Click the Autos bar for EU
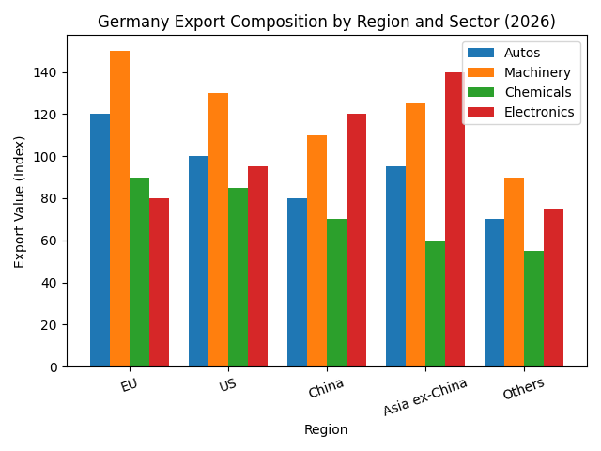point(100,241)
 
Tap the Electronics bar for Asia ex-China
point(455,220)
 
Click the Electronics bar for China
point(356,241)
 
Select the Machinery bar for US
point(218,230)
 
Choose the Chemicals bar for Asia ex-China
point(435,303)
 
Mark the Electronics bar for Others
point(553,288)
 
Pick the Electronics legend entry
point(538,112)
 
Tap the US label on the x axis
point(227,385)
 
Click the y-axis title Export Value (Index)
point(20,201)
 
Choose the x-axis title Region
point(326,429)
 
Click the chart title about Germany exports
point(326,22)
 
